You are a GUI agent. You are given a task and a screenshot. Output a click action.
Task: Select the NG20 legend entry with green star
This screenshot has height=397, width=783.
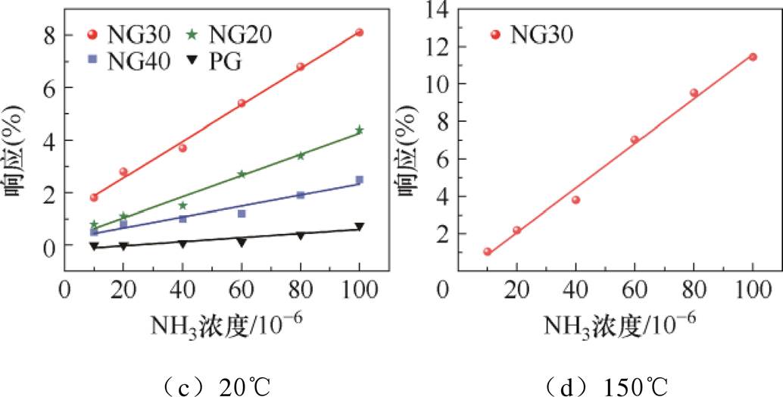tap(228, 34)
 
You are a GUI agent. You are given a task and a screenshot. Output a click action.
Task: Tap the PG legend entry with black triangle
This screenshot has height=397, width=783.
tap(216, 60)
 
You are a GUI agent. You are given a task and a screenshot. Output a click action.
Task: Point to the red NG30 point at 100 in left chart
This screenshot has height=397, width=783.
tap(359, 33)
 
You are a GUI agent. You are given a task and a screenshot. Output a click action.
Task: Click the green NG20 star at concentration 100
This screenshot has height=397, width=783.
tap(359, 130)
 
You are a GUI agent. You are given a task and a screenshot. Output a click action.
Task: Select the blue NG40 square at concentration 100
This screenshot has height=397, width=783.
tap(359, 180)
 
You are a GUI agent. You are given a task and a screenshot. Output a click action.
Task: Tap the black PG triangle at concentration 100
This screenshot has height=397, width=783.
tap(359, 227)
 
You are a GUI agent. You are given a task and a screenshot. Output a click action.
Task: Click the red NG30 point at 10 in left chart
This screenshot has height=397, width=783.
tap(94, 198)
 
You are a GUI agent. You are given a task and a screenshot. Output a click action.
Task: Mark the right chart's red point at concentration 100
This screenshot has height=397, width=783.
tap(753, 57)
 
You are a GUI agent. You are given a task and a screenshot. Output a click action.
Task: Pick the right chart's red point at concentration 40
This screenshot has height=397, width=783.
tap(576, 200)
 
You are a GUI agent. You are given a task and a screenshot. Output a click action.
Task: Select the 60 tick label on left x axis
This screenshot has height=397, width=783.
tap(242, 291)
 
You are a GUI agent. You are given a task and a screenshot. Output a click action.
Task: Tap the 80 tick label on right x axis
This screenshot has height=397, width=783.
tap(694, 291)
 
